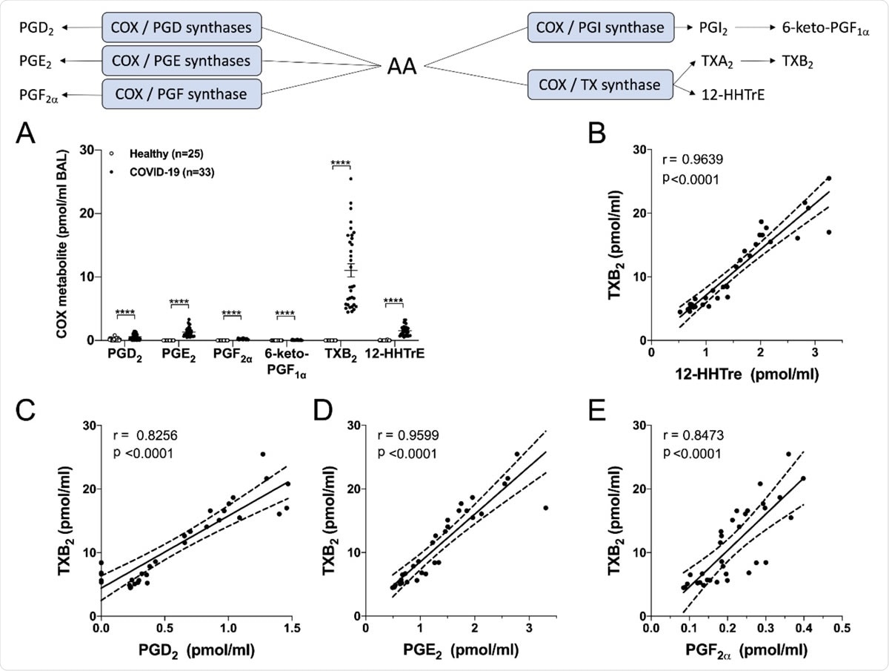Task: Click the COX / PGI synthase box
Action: [601, 27]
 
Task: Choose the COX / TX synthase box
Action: [601, 85]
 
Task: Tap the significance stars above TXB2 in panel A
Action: [341, 163]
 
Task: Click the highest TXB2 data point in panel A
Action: [350, 179]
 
